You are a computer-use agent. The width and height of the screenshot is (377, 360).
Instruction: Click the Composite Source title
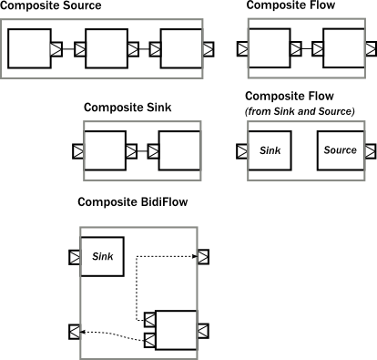(50, 6)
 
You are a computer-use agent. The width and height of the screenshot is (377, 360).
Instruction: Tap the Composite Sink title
(127, 108)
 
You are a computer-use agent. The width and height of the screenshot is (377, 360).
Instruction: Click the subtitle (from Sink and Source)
(300, 111)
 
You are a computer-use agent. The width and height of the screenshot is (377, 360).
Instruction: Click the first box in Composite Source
(29, 48)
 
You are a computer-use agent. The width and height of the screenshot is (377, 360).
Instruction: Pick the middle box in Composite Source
(107, 48)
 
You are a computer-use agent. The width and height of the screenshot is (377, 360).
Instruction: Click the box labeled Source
(340, 150)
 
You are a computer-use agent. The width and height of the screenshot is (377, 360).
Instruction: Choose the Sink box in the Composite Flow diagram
(270, 150)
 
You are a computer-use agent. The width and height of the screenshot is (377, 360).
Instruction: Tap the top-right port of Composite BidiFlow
(204, 256)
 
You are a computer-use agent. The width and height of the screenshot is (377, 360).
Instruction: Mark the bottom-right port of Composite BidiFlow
(204, 330)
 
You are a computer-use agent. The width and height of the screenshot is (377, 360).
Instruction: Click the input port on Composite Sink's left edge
(77, 150)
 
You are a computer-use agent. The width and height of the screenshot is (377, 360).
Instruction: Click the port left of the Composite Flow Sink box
(241, 150)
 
